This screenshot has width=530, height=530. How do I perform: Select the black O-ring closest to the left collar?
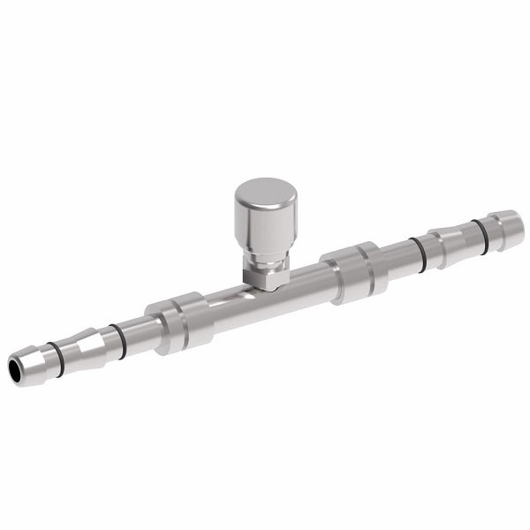(114, 337)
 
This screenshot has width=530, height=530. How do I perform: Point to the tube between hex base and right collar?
(305, 283)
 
